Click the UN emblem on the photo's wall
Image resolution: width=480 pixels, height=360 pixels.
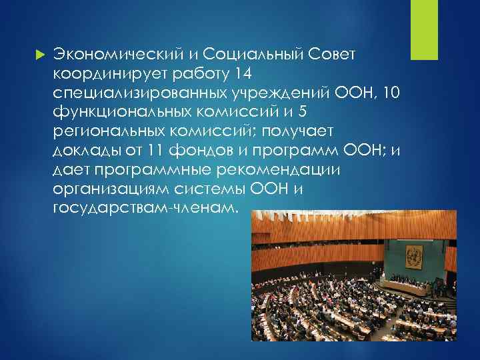coord(415,255)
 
